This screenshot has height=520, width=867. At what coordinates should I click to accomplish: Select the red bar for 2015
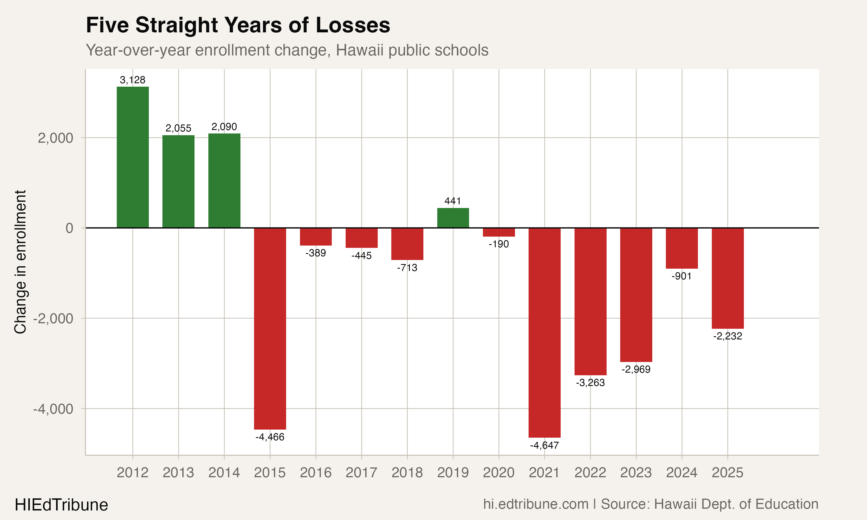tap(270, 328)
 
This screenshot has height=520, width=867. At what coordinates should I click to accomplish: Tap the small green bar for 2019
tap(453, 218)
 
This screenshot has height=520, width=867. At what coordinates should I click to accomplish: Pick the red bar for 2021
tap(544, 333)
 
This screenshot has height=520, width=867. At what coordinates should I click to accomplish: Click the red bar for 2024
tap(682, 248)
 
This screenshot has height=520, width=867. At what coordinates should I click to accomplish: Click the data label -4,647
tap(544, 445)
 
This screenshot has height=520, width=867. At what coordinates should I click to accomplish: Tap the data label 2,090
tap(224, 127)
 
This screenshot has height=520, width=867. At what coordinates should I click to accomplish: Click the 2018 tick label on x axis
tap(407, 473)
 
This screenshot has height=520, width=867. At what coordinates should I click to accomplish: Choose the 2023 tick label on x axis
tap(636, 473)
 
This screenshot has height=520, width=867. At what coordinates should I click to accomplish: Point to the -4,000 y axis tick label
tap(53, 408)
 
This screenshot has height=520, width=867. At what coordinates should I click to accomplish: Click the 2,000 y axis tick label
tap(55, 138)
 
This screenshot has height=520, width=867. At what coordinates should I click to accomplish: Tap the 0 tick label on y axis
tap(69, 228)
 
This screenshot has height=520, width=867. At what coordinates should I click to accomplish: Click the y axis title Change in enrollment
tap(20, 262)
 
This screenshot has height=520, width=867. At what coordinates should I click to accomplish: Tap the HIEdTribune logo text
tap(61, 505)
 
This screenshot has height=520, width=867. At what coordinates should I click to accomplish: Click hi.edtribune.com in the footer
tap(536, 504)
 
